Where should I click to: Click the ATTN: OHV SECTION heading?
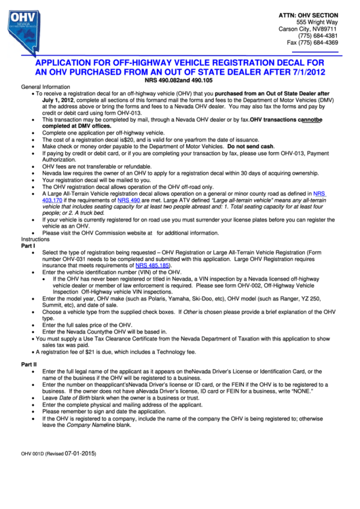tap(308, 14)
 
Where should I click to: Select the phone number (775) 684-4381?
tap(319, 37)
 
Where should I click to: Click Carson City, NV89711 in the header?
tap(308, 29)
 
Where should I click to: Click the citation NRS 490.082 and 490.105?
tap(179, 80)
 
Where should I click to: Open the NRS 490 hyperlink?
tap(129, 200)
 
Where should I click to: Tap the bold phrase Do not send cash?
tap(251, 146)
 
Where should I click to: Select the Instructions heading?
tap(35, 240)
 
